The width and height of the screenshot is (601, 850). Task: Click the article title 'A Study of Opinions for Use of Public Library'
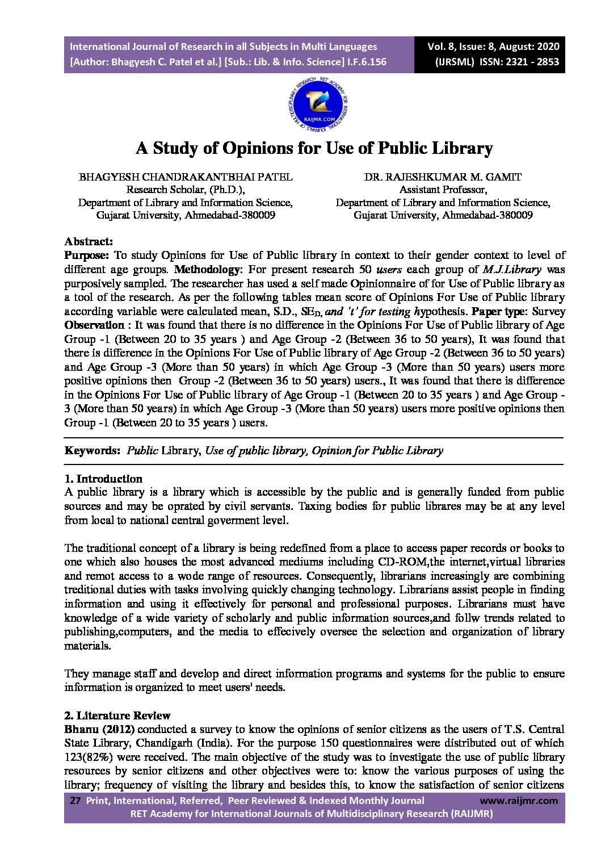pos(314,149)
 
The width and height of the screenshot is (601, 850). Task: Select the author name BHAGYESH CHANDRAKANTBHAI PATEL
pos(186,177)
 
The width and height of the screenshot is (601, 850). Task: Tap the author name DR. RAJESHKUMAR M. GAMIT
pos(443,177)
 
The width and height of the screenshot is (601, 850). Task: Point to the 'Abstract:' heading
pos(89,242)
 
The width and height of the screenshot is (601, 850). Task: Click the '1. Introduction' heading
pos(103,479)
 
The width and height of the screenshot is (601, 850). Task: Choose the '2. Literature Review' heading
pos(117,715)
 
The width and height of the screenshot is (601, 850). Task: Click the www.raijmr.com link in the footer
pos(519,801)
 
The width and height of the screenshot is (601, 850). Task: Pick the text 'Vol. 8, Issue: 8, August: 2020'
pos(494,47)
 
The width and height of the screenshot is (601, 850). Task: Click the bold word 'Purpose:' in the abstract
pos(86,256)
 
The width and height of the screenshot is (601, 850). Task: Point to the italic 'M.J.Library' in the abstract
pos(511,270)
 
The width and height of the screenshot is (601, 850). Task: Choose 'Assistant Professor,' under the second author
pos(443,190)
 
